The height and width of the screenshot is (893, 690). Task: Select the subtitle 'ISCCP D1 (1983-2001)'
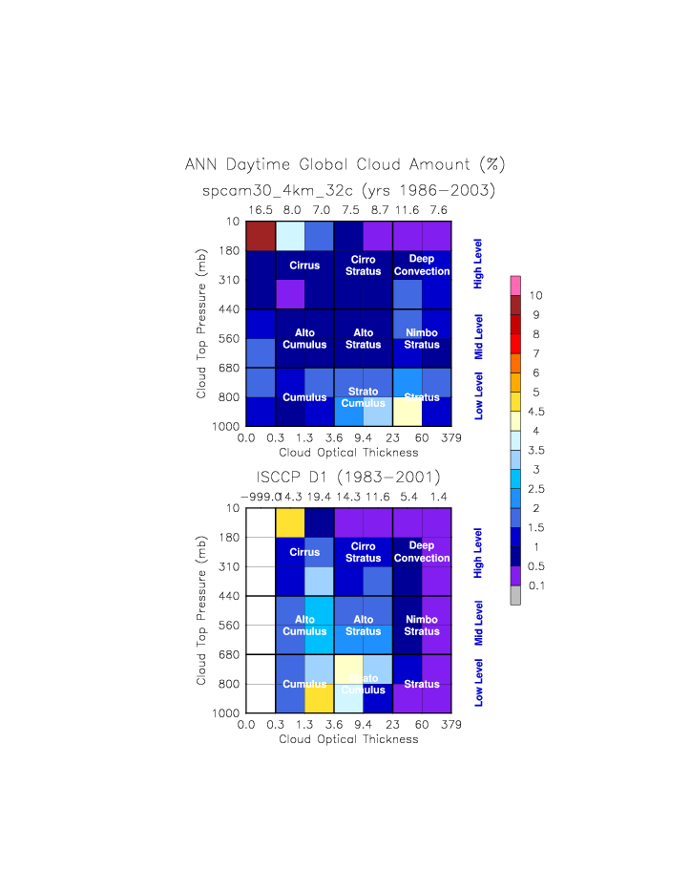[348, 477]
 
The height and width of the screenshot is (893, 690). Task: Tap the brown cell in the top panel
[261, 236]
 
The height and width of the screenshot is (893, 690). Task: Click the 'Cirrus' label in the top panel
[304, 265]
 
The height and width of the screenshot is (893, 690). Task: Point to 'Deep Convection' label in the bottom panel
[421, 552]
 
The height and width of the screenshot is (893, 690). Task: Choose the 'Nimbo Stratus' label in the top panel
[421, 339]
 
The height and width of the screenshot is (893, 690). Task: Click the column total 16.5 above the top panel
[260, 208]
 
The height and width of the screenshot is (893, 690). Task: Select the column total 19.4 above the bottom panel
[319, 496]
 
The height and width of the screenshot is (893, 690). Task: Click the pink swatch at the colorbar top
[515, 285]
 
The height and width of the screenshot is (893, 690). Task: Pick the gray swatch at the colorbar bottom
[515, 596]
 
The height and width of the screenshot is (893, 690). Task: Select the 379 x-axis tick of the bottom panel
[451, 725]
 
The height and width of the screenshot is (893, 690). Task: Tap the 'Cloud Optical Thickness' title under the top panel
[348, 452]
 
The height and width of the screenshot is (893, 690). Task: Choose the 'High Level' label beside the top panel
[479, 266]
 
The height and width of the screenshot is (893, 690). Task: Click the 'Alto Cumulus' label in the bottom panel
[304, 626]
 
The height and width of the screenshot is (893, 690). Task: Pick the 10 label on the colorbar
[534, 295]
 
